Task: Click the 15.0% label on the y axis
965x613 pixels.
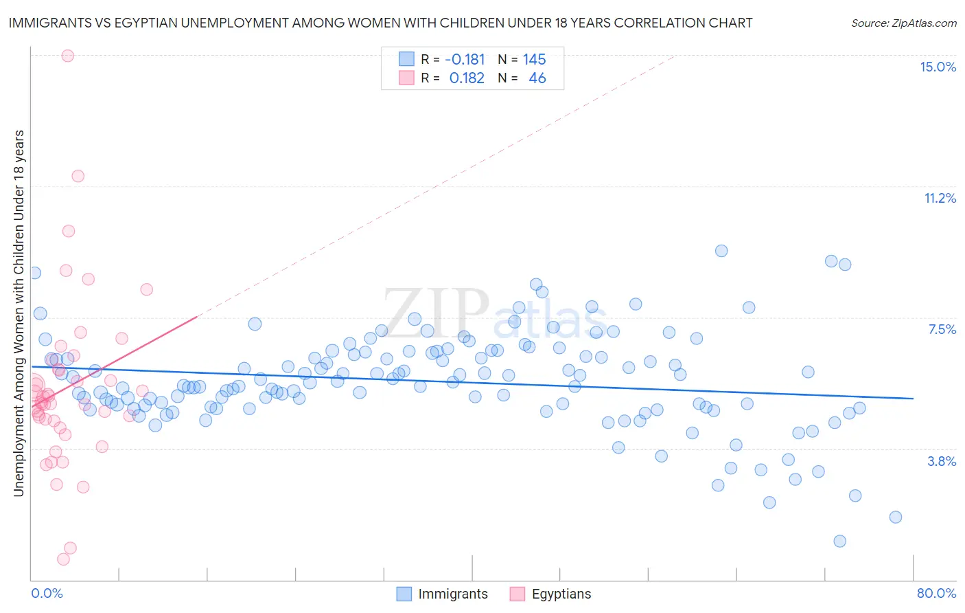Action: pyautogui.click(x=938, y=67)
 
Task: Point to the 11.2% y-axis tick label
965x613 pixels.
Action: pyautogui.click(x=940, y=198)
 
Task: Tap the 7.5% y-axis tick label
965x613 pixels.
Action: pyautogui.click(x=942, y=329)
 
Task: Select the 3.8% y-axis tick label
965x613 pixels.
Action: pyautogui.click(x=942, y=461)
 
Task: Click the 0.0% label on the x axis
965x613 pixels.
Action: pyautogui.click(x=47, y=593)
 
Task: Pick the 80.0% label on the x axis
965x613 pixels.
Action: pyautogui.click(x=936, y=593)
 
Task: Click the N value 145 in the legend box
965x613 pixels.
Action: pyautogui.click(x=534, y=59)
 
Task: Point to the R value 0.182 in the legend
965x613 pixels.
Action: pyautogui.click(x=467, y=78)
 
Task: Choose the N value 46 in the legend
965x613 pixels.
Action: pyautogui.click(x=537, y=78)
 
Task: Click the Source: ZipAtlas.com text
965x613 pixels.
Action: pyautogui.click(x=903, y=23)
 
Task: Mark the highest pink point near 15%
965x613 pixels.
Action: pyautogui.click(x=67, y=56)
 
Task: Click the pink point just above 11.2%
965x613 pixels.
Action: pyautogui.click(x=78, y=176)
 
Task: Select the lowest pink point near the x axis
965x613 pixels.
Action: pyautogui.click(x=63, y=559)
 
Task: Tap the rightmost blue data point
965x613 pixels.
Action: pyautogui.click(x=895, y=517)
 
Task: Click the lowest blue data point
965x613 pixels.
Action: pyautogui.click(x=839, y=542)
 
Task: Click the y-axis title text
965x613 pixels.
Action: pyautogui.click(x=19, y=313)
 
